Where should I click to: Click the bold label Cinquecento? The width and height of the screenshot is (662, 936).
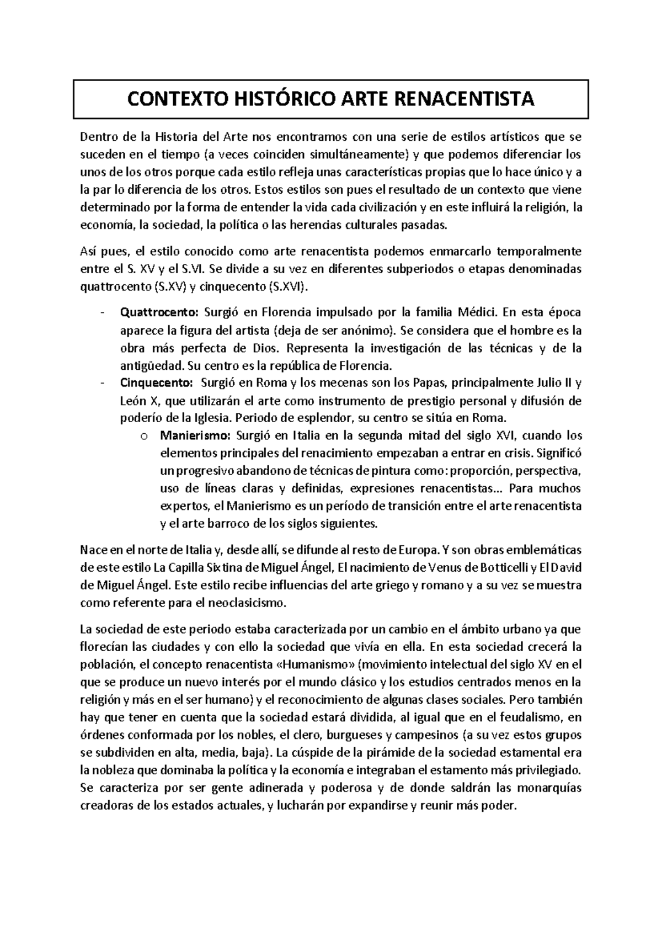157,383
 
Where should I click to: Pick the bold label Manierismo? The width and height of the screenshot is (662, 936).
195,436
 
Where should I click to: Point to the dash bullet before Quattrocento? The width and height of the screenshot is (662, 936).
103,313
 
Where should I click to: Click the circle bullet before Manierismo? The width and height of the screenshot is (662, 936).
144,437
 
